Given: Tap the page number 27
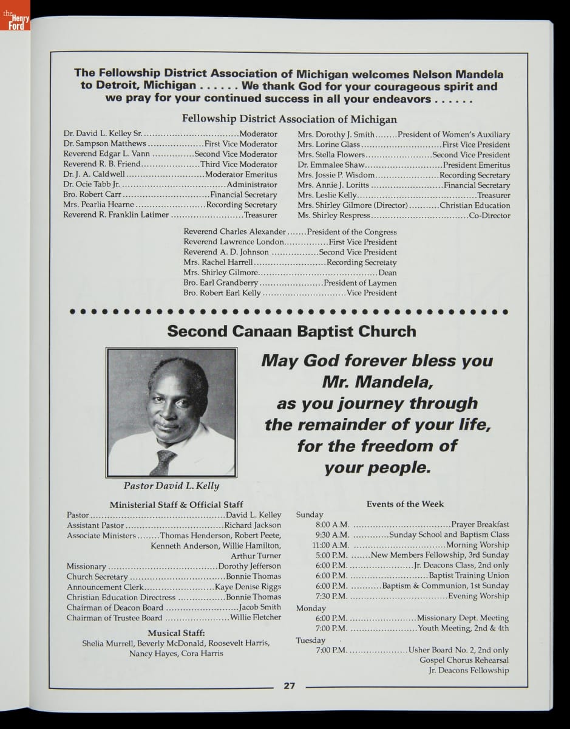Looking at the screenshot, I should coord(289,686).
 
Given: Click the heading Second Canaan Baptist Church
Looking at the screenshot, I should coord(291,331).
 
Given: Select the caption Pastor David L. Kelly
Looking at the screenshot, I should coord(171,486).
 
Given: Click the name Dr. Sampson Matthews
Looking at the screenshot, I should coord(104,144).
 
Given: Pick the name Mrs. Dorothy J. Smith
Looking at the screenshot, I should coord(336,134).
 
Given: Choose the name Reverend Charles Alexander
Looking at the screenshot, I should coord(234,232).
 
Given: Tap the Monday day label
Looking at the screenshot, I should coord(311,608).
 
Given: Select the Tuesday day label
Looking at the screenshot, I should coord(310,640).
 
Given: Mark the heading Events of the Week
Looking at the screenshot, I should coord(405,504).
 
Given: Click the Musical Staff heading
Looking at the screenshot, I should coord(176,632).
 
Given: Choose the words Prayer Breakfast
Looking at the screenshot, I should coord(480,524).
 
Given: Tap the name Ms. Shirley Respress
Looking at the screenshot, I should coord(333,216).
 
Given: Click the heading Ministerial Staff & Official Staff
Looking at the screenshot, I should coord(176,504).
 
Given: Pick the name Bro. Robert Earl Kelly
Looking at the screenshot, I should coord(222,293).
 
